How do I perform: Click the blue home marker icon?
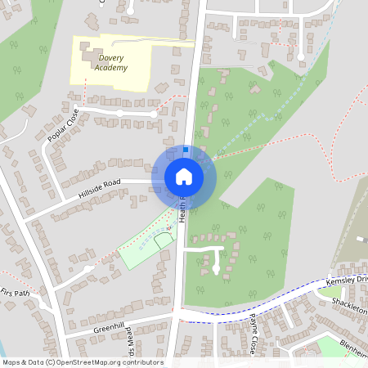pos(183,176)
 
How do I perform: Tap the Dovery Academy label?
pos(110,63)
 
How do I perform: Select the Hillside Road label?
pos(99,190)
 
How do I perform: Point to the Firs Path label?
pos(15,292)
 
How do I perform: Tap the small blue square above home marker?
pos(186,150)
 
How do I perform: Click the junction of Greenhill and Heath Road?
pos(175,315)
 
